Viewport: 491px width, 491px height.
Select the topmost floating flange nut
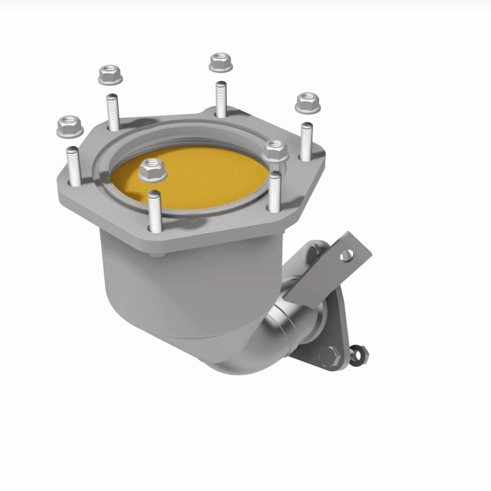(x=219, y=61)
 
